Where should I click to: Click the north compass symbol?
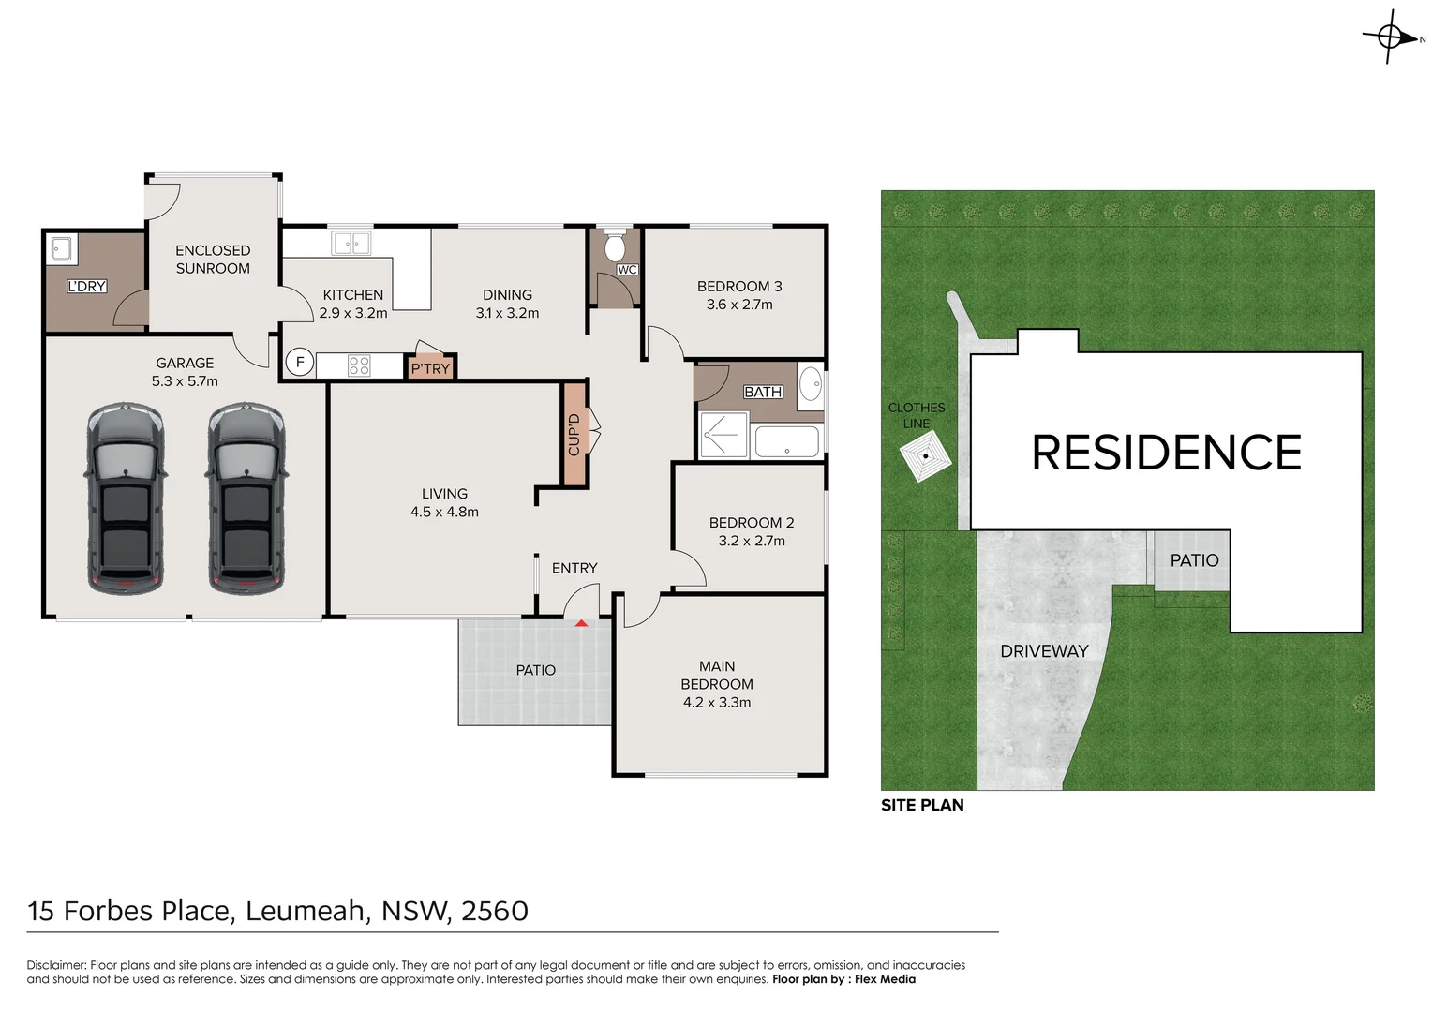1391,37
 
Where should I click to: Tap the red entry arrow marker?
581,622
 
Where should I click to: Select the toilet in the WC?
615,247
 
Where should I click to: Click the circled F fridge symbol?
300,363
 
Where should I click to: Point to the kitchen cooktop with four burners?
359,365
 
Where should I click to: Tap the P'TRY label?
430,369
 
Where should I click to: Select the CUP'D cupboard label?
574,434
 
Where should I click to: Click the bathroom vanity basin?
811,385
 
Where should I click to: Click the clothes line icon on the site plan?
925,458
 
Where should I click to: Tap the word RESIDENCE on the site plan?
1166,454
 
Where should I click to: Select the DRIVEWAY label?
1044,651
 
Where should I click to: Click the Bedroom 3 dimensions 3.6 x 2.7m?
739,305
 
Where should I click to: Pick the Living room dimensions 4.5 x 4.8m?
444,513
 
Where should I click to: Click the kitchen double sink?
351,244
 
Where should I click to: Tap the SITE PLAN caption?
922,805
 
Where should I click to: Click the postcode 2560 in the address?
495,911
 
